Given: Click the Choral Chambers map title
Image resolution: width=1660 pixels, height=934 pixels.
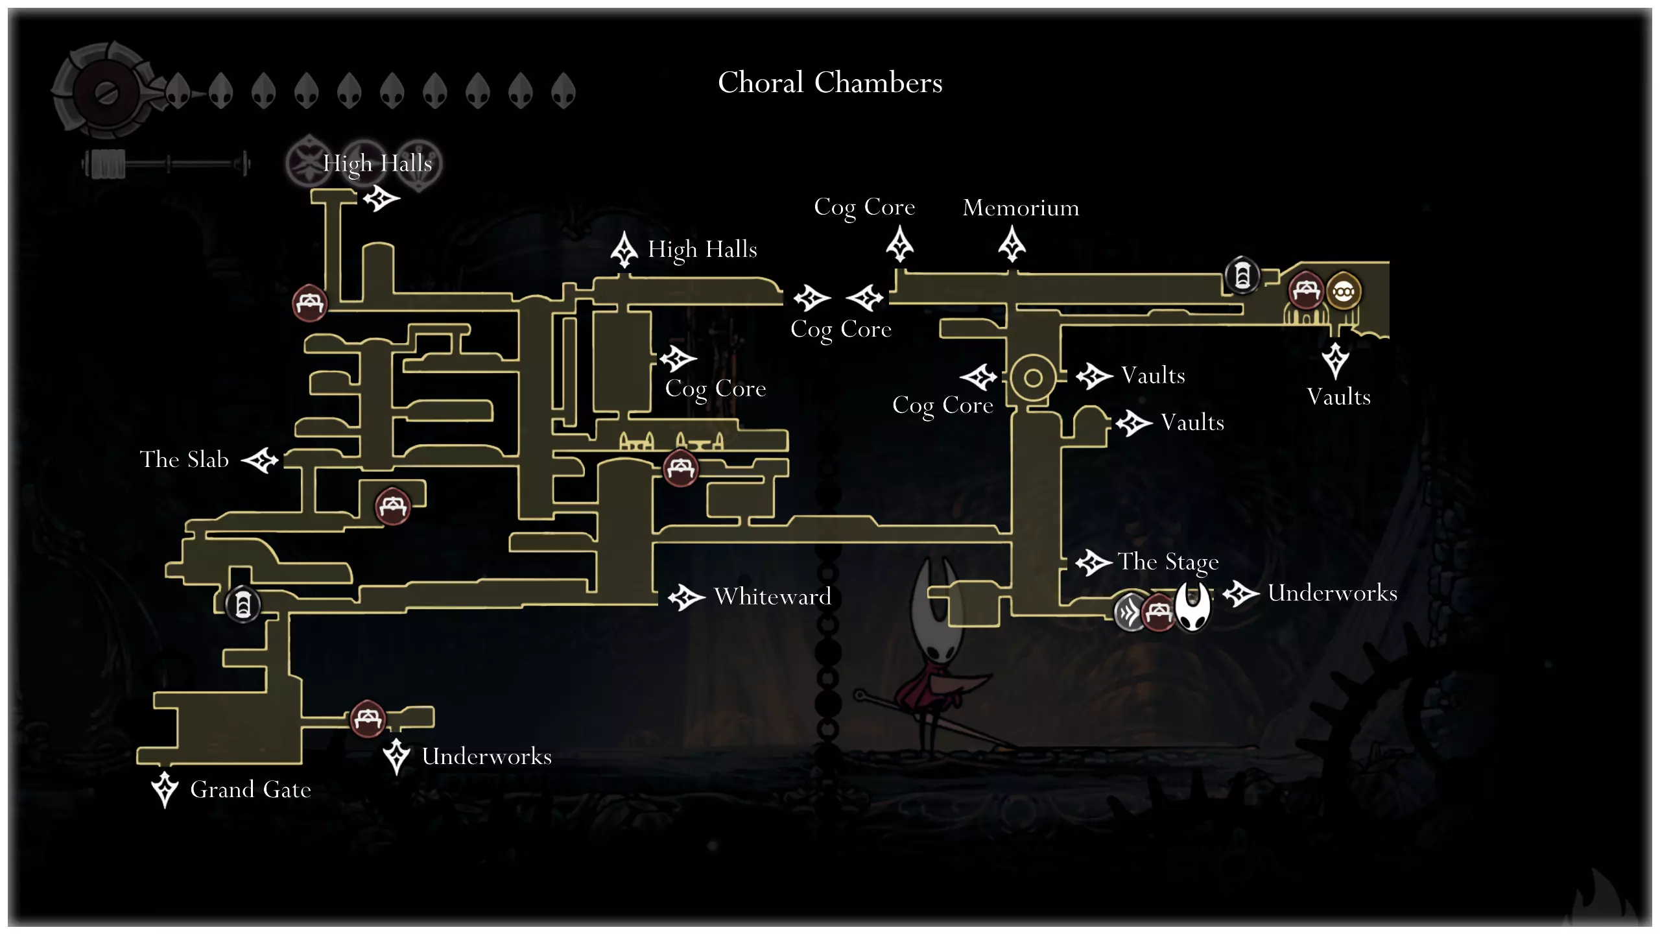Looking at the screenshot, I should click(x=830, y=83).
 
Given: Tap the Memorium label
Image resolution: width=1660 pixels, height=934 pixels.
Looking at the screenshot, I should click(x=1021, y=208).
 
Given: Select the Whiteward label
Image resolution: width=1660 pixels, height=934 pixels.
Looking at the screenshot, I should click(x=772, y=597).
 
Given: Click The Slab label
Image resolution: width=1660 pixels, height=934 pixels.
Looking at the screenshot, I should click(x=184, y=459).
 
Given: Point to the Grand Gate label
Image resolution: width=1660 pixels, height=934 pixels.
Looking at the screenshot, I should click(x=250, y=789).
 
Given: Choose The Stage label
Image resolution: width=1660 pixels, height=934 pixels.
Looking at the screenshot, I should click(x=1168, y=562).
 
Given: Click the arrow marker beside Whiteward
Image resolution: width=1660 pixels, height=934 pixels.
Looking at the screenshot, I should click(x=686, y=597).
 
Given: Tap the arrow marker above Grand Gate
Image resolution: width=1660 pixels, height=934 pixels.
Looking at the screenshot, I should click(x=165, y=789).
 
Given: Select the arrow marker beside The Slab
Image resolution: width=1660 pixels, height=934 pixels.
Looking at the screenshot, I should click(x=260, y=461).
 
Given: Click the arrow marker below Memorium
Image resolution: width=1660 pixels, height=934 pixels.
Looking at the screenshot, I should click(x=1012, y=245).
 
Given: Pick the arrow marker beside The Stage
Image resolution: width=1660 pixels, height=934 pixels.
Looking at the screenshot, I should click(x=1093, y=562).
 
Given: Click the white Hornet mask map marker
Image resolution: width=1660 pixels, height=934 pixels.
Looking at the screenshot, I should click(x=1193, y=606).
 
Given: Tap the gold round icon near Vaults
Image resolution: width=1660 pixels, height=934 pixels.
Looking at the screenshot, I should click(x=1343, y=292).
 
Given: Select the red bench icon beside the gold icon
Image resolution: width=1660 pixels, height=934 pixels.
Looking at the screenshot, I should click(x=1305, y=291).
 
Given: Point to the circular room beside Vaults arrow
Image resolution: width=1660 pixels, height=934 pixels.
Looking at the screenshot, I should click(x=1033, y=377).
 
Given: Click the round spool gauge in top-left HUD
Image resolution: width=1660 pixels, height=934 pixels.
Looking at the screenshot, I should click(x=105, y=92).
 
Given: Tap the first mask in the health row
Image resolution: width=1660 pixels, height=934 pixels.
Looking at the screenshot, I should click(x=178, y=91).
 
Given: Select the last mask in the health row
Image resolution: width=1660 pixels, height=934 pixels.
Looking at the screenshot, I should click(x=563, y=91).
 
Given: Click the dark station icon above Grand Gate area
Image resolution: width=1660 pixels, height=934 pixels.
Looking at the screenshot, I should click(x=243, y=605).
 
